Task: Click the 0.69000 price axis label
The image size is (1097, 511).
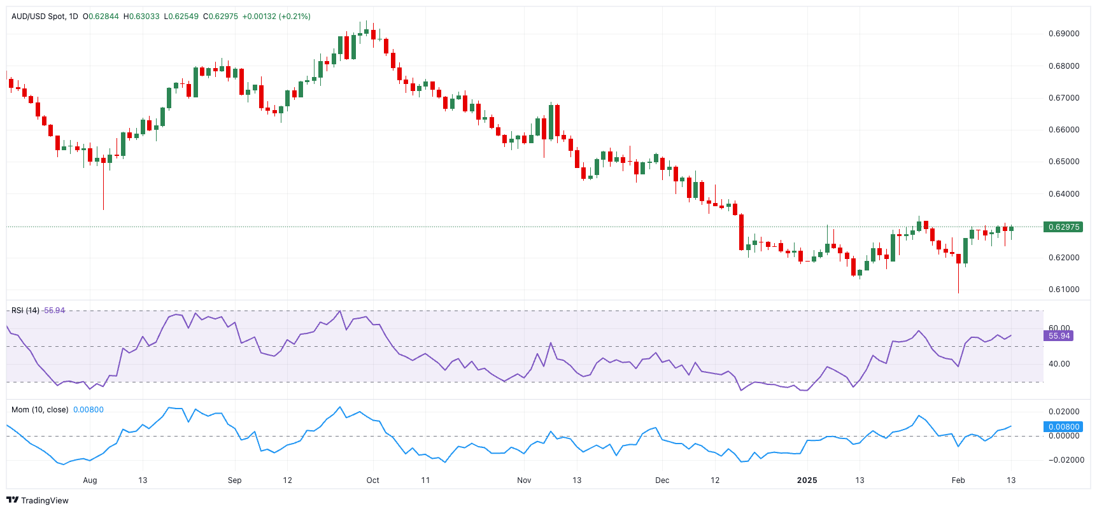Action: (1063, 34)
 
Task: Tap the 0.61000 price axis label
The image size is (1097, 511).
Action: (1063, 290)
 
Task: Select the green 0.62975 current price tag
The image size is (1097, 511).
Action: (1063, 227)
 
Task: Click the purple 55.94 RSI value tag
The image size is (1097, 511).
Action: (1059, 336)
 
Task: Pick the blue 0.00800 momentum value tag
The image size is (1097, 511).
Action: (1063, 427)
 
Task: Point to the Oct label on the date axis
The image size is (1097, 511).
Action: (373, 480)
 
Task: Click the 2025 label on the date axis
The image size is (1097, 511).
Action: (807, 480)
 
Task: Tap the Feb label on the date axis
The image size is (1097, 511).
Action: (958, 480)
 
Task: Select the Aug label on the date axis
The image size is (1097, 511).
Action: (90, 480)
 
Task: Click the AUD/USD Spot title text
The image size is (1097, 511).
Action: (38, 17)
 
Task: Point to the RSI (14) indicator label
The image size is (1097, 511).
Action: (25, 311)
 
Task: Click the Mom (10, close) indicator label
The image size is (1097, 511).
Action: (39, 410)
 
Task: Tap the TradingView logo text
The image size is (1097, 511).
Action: (44, 501)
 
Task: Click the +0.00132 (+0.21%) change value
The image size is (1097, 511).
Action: (276, 17)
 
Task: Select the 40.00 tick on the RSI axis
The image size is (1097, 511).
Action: (1059, 364)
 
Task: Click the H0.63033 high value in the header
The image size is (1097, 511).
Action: (141, 17)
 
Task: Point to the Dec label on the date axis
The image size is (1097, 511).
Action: (662, 480)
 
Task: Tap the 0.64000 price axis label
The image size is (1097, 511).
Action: (1063, 194)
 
